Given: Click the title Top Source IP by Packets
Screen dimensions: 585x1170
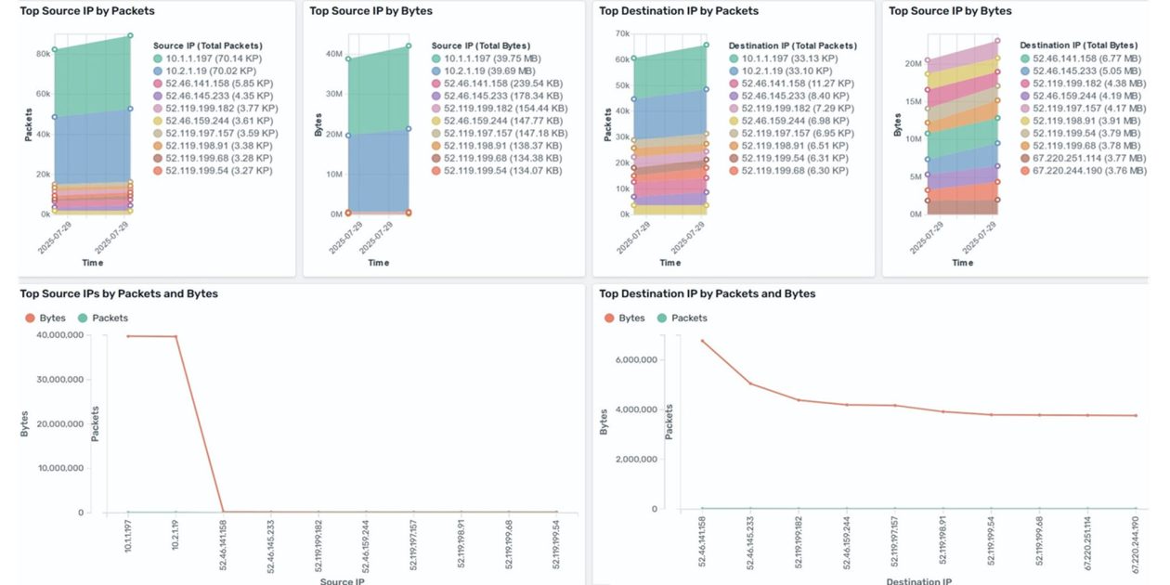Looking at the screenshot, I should pos(87,11).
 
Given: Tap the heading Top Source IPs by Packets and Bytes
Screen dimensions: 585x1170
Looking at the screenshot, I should pos(119,293).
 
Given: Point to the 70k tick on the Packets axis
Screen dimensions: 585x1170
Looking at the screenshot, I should pos(620,33).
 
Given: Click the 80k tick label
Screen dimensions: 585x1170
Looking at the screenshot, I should pos(42,54).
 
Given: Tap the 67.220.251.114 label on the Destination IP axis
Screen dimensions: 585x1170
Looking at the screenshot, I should pos(1087,540).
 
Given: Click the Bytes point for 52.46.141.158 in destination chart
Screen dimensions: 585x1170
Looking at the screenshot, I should pos(702,341).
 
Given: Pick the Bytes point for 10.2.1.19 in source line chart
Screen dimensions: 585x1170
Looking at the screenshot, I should pos(175,336).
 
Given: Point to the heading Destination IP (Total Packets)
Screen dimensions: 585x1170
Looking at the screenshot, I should pos(792,45).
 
